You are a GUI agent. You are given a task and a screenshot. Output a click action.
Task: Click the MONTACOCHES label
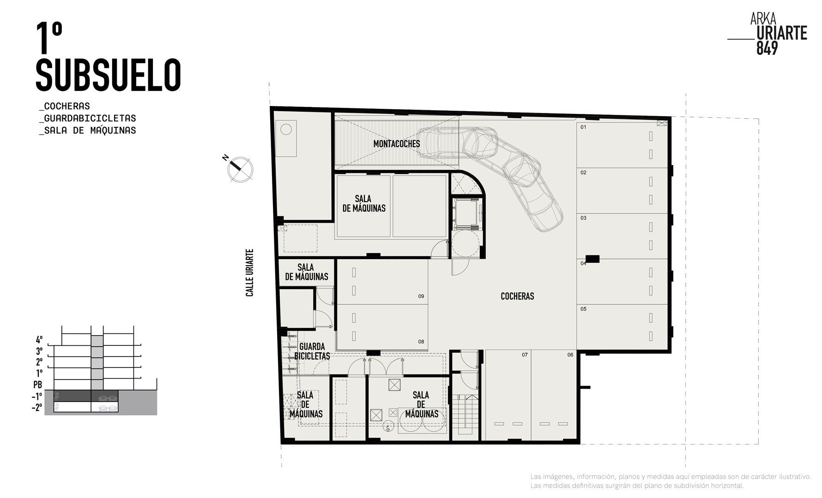click(397, 144)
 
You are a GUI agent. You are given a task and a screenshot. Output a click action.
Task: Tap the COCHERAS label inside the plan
click(517, 296)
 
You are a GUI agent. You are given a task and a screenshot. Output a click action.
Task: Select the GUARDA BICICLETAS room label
click(312, 351)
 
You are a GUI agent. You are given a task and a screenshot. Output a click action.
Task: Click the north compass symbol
click(239, 168)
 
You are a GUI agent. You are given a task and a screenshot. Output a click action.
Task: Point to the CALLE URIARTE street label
click(250, 273)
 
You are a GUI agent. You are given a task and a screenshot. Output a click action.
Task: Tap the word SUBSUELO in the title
click(108, 75)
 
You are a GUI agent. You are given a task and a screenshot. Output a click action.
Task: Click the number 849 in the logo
click(767, 48)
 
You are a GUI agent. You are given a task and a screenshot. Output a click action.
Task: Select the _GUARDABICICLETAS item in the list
click(88, 119)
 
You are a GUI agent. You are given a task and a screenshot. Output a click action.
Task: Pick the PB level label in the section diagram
click(38, 385)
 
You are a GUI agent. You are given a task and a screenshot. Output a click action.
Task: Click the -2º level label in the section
click(37, 408)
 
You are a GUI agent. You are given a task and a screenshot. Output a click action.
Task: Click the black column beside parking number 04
click(592, 259)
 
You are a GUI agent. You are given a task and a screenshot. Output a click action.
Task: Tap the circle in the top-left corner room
click(286, 129)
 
